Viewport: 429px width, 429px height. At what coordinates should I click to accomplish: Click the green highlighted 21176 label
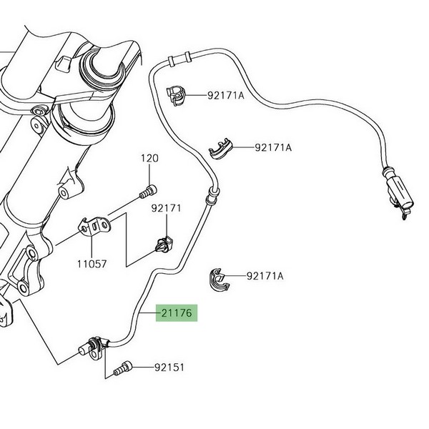(x=175, y=313)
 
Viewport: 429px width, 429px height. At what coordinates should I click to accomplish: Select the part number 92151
(x=169, y=368)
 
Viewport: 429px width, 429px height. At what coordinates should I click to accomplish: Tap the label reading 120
(x=148, y=158)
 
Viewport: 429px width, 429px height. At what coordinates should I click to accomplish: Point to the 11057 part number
(x=92, y=263)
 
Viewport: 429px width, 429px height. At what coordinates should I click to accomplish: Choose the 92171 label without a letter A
(x=166, y=208)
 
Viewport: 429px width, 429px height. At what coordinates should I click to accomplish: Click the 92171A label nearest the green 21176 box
(x=265, y=275)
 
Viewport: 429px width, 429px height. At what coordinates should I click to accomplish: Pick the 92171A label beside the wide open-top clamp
(x=273, y=148)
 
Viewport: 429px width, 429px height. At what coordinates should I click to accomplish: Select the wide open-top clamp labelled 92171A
(x=224, y=149)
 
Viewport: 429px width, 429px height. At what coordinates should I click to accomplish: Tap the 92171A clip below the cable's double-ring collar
(x=177, y=93)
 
